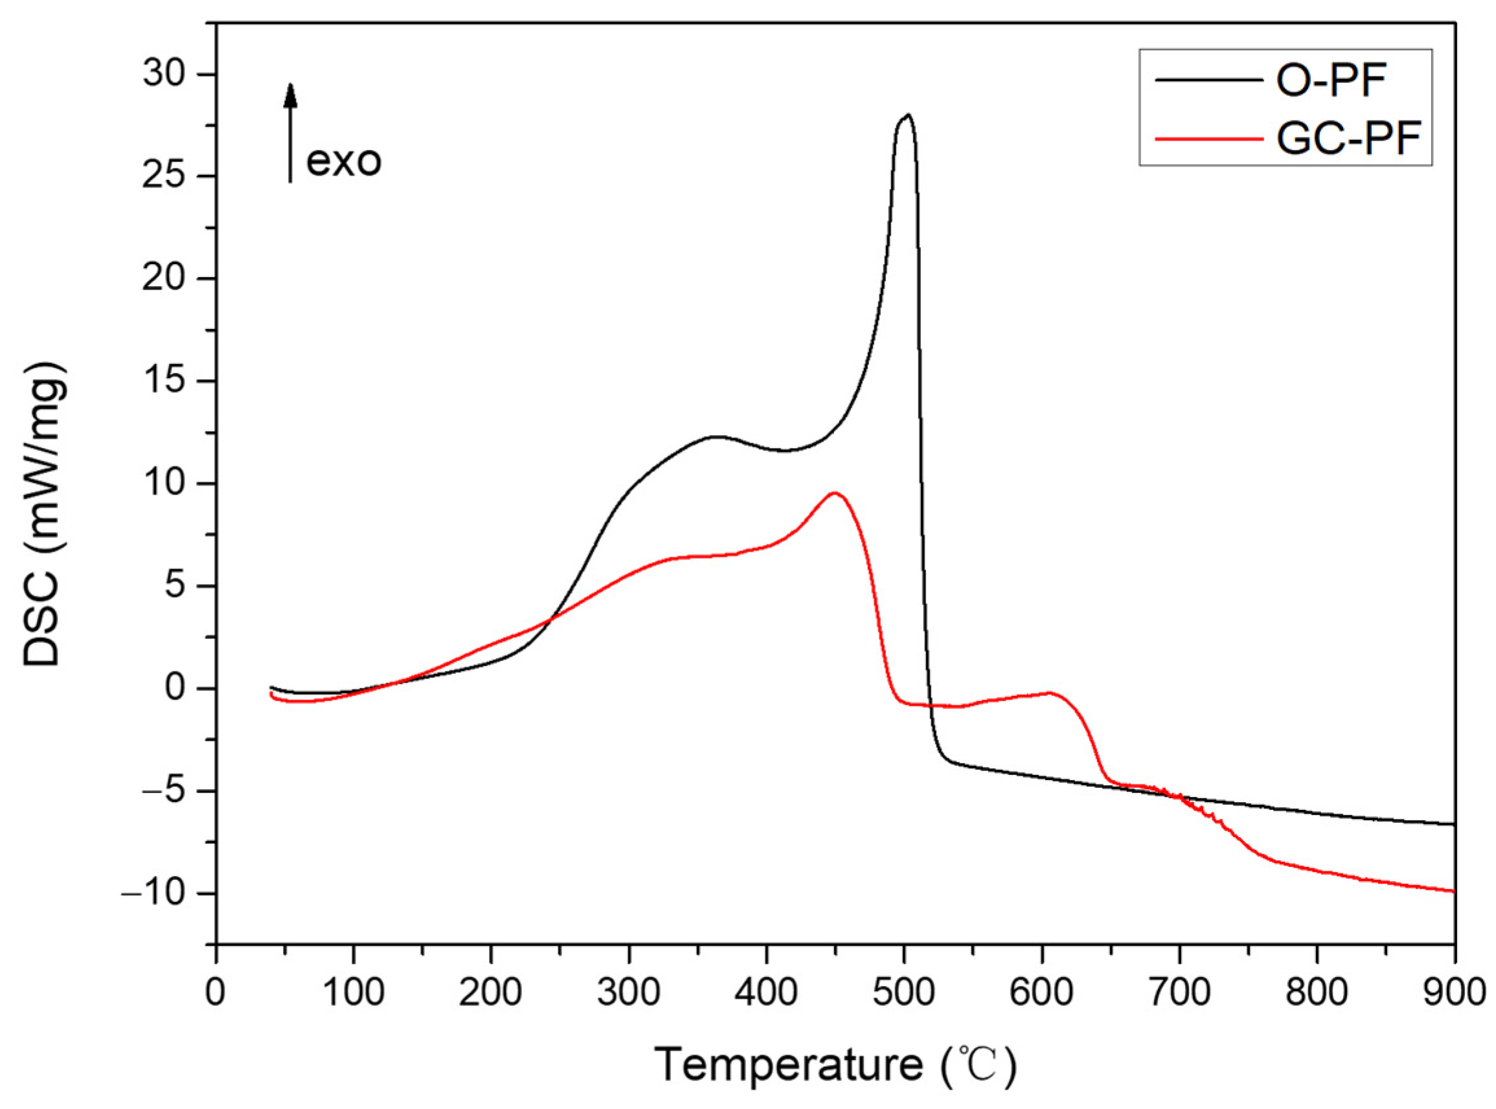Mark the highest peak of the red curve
pos(835,493)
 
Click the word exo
pos(344,161)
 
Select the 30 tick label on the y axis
pos(165,74)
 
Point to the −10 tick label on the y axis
pos(154,893)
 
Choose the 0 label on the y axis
pos(177,689)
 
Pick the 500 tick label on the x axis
pos(904,994)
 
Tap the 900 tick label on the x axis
pos(1453,994)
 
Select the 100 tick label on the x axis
pos(353,994)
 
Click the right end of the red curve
pos(1453,891)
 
